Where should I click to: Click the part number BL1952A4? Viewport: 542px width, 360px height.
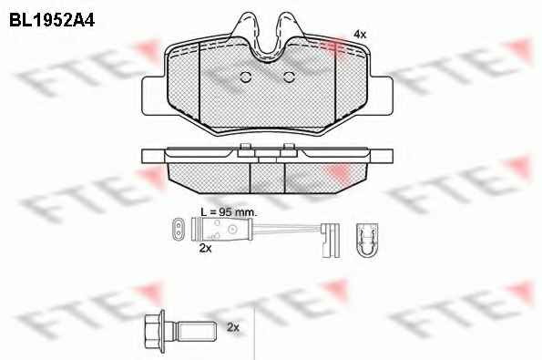pos(52,21)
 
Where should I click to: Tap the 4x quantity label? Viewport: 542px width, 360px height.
pos(360,35)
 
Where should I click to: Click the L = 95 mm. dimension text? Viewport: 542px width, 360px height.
pos(229,212)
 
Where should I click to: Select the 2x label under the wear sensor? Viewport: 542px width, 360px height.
pos(205,248)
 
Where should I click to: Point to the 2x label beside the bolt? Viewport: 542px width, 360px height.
pos(233,327)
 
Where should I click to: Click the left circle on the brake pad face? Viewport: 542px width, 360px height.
pos(245,77)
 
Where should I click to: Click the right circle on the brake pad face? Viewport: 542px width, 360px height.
pos(289,77)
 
